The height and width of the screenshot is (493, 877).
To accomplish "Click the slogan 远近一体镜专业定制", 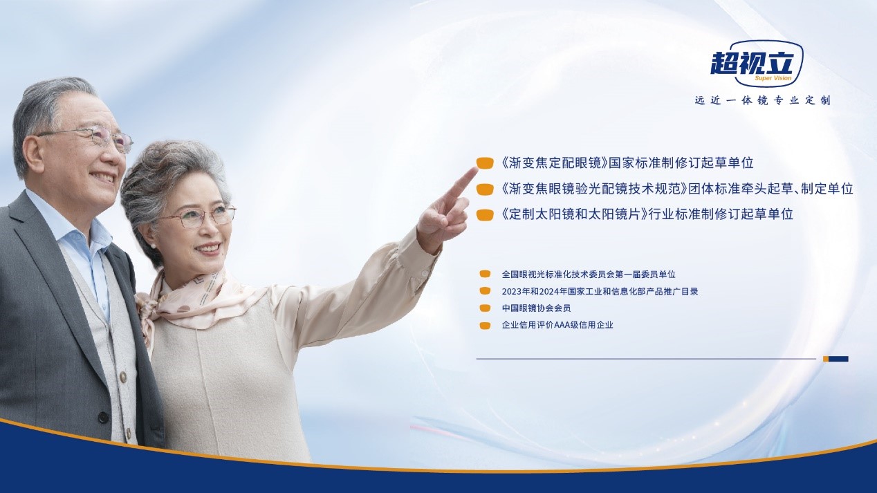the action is (763, 100).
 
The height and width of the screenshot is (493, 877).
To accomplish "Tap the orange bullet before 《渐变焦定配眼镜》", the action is (484, 163).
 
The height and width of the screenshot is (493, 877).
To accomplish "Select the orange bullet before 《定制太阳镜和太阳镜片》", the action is (484, 215).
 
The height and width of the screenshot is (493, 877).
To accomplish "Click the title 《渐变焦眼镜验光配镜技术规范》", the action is (595, 189).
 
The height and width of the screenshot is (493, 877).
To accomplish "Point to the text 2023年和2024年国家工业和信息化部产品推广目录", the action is (600, 292).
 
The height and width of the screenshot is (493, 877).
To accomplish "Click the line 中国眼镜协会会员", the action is (536, 308).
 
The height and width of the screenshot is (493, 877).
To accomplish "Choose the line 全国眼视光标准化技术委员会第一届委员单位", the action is (589, 275).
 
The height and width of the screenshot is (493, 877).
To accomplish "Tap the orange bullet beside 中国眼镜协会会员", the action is (485, 308).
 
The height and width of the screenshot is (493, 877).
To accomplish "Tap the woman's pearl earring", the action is (153, 246).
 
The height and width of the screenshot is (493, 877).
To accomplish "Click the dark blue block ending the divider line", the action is (839, 359).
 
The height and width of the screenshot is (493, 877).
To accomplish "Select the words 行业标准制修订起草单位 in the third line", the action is (721, 215).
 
